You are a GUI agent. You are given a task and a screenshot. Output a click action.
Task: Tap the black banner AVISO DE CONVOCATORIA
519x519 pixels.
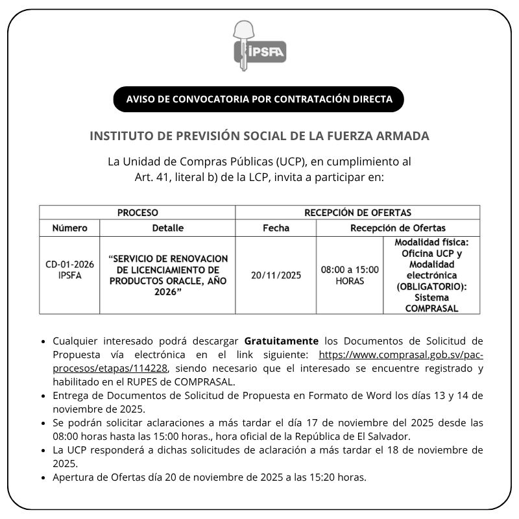tap(259, 99)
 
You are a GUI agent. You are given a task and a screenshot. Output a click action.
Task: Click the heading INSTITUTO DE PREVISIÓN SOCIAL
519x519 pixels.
tap(259, 136)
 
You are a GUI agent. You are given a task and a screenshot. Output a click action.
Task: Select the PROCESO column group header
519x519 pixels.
tap(138, 212)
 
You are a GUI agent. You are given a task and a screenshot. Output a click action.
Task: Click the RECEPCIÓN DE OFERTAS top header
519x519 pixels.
tap(357, 212)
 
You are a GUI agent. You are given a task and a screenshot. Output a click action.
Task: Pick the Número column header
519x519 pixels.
tap(69, 228)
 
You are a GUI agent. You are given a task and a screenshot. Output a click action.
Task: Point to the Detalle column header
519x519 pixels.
tap(167, 228)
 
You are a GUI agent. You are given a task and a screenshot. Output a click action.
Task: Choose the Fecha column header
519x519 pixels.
tap(276, 228)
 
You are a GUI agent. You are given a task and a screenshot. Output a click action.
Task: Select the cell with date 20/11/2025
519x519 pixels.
tap(276, 275)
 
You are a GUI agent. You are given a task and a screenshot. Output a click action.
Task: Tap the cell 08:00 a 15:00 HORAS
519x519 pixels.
tap(350, 275)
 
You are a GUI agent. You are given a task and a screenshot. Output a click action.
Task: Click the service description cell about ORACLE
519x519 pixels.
tap(168, 275)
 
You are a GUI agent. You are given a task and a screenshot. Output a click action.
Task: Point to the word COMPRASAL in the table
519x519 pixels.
tap(431, 308)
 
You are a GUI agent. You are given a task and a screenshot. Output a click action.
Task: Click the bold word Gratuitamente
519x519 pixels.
tap(282, 341)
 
